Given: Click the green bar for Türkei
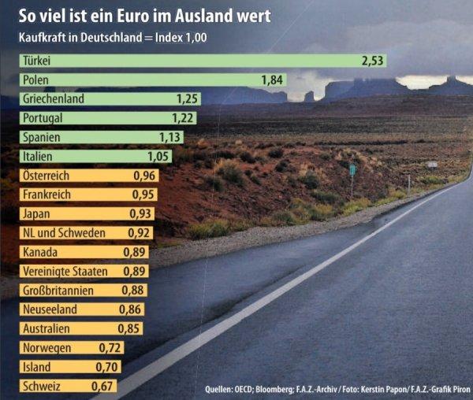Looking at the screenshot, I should pos(197,61).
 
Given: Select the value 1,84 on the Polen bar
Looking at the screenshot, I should pos(273,80).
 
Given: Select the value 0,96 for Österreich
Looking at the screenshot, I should pos(143,176).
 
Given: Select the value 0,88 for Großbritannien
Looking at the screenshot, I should pos(133,291).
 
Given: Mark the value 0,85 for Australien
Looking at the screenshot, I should pos(129,328).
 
